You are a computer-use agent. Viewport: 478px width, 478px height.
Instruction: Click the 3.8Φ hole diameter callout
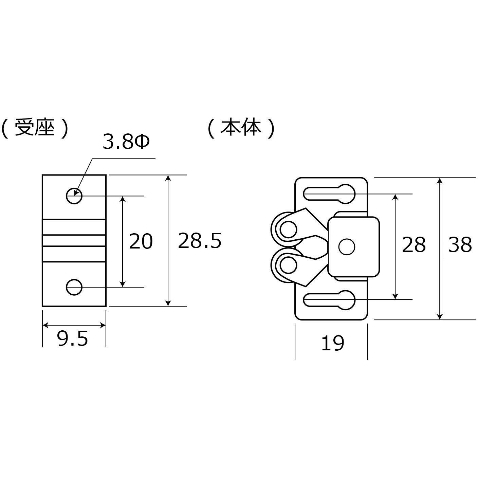126,143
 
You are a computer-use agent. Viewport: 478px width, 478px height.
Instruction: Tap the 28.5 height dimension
199,241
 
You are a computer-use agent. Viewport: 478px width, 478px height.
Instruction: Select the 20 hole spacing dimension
141,241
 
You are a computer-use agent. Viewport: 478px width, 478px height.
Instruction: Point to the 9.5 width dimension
73,338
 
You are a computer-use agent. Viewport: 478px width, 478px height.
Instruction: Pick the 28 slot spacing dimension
413,244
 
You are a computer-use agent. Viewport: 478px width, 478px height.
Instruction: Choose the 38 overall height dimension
460,244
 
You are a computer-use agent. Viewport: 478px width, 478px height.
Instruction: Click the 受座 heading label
35,128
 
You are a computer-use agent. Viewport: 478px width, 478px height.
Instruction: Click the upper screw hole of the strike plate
74,196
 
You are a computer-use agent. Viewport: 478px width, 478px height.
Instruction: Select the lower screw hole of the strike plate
74,288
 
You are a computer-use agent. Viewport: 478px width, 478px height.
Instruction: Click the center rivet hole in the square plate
347,246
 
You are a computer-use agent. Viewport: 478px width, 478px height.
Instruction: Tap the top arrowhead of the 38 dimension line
440,181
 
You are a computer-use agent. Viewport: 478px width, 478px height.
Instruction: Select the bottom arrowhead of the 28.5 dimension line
168,303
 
